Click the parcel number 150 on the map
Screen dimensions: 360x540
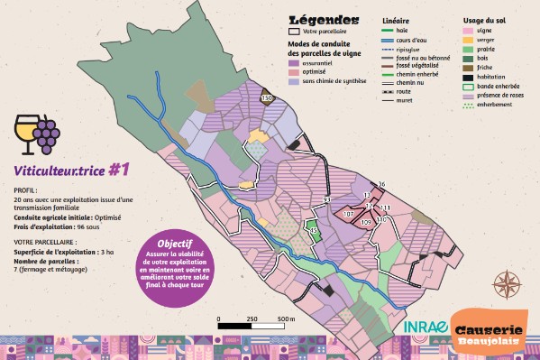pyautogui.click(x=265, y=97)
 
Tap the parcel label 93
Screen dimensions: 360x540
pyautogui.click(x=327, y=198)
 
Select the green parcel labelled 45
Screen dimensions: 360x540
pyautogui.click(x=313, y=231)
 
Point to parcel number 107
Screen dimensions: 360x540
pyautogui.click(x=348, y=214)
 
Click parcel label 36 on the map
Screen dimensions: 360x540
pyautogui.click(x=381, y=184)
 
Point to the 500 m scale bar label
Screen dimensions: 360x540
pyautogui.click(x=285, y=319)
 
